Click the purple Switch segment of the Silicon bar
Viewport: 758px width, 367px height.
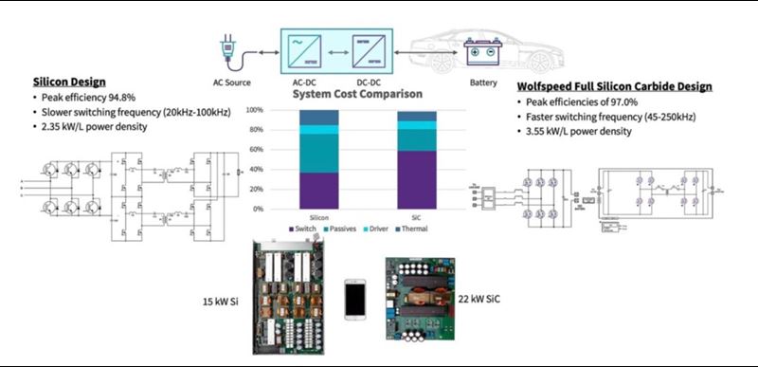pyautogui.click(x=318, y=190)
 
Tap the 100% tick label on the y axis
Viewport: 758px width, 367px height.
pyautogui.click(x=255, y=110)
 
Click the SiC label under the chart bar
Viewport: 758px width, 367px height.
pyautogui.click(x=418, y=217)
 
